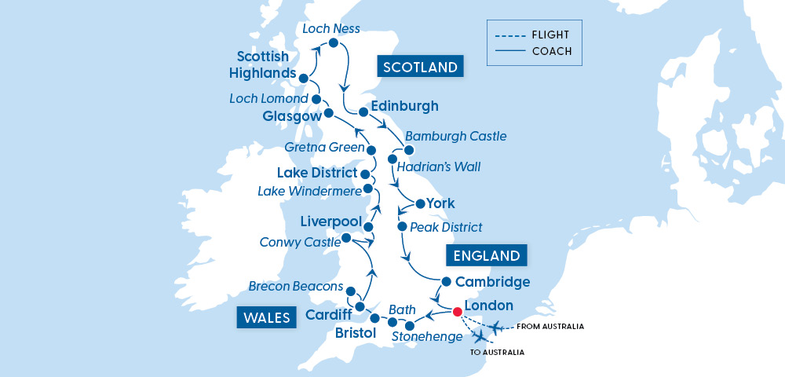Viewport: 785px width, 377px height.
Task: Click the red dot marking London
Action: click(458, 312)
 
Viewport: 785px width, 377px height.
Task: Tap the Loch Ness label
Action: click(330, 29)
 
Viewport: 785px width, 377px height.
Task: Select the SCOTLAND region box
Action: click(420, 67)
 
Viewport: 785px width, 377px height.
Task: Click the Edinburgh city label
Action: click(403, 106)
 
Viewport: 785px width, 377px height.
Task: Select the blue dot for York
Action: click(420, 204)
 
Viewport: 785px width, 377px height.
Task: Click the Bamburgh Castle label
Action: click(455, 136)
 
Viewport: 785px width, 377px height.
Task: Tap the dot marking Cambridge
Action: click(446, 281)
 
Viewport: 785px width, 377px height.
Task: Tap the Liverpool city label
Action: click(330, 221)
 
